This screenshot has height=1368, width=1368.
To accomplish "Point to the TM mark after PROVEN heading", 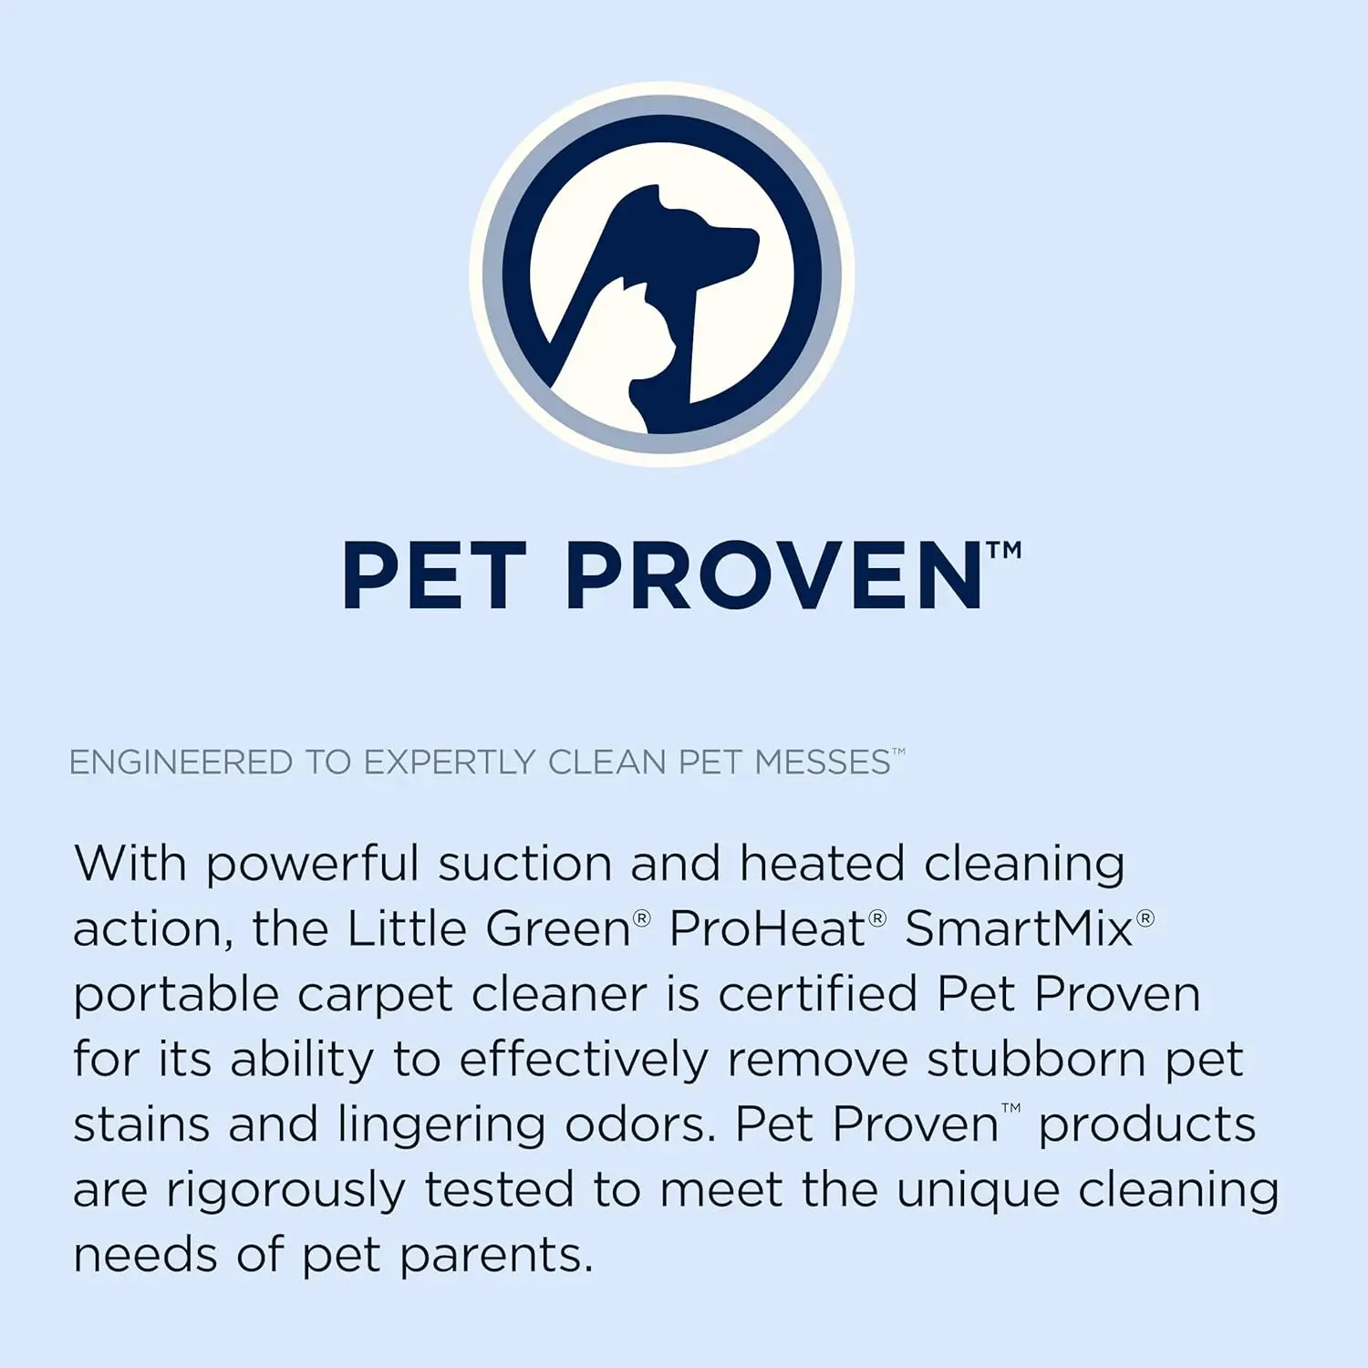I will [x=1004, y=551].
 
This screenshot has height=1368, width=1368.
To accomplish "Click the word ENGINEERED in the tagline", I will [x=181, y=762].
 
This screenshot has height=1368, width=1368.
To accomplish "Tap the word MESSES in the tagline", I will [x=823, y=762].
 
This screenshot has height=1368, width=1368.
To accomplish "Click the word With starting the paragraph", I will [x=130, y=863].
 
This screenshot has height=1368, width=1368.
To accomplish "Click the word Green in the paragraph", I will [x=558, y=929].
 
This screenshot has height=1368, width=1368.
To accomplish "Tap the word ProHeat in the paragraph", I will [x=767, y=929].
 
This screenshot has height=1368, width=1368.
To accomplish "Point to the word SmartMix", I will [x=1019, y=929].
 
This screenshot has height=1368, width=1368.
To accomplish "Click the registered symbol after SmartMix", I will [x=1145, y=917].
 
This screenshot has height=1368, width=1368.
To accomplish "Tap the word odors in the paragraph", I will [x=640, y=1124].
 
